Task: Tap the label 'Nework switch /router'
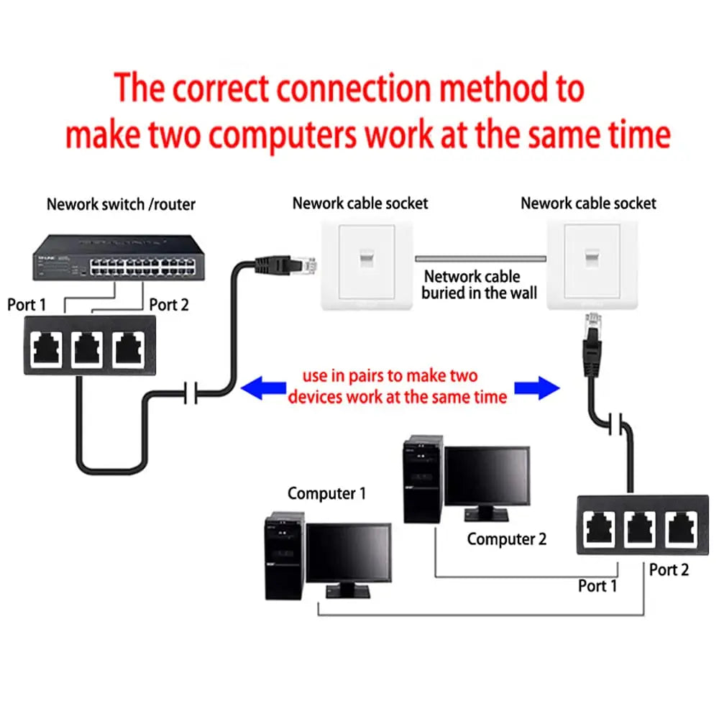pos(121,204)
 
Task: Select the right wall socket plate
pos(592,264)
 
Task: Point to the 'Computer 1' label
pos(326,493)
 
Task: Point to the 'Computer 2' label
pos(506,539)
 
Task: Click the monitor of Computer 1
pos(349,555)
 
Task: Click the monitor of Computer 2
pos(487,477)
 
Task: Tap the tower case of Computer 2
pos(422,479)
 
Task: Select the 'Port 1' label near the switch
pos(27,305)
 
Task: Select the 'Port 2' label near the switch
pos(168,305)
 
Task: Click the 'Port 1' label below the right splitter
pos(597,586)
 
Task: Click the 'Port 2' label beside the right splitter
pos(669,569)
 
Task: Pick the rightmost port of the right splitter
pos(680,528)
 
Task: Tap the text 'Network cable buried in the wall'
pos(480,285)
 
